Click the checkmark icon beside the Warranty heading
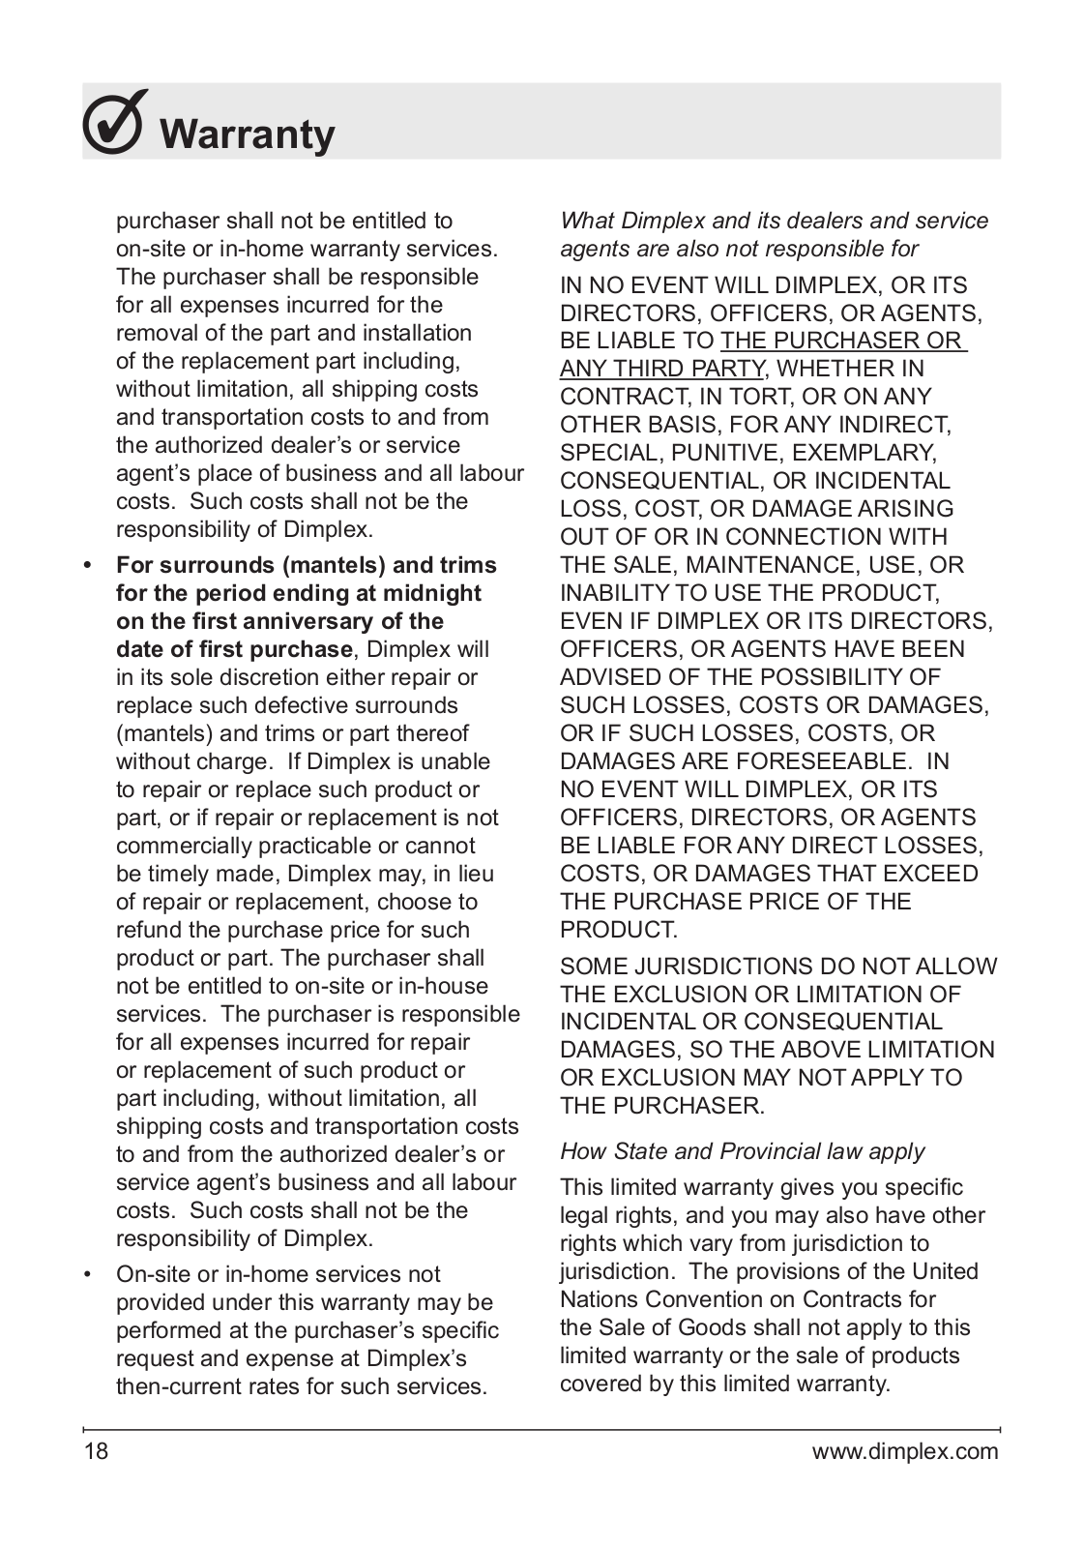click(115, 123)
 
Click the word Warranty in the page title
click(248, 134)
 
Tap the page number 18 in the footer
click(96, 1451)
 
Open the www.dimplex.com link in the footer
click(904, 1451)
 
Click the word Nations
click(599, 1299)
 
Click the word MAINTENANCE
click(776, 565)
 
